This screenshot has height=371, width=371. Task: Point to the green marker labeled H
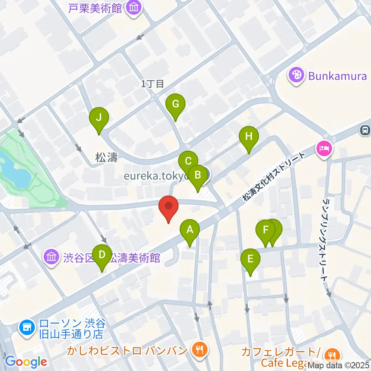248,137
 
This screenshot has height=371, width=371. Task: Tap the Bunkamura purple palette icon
296,75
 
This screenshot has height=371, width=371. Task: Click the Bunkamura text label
337,76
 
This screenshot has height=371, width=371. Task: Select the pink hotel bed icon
324,149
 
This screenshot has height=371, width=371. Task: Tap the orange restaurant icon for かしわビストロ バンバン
199,350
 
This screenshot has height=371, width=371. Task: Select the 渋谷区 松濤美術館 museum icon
51,257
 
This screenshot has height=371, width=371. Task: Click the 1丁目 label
152,83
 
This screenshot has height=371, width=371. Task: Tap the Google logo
26,362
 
